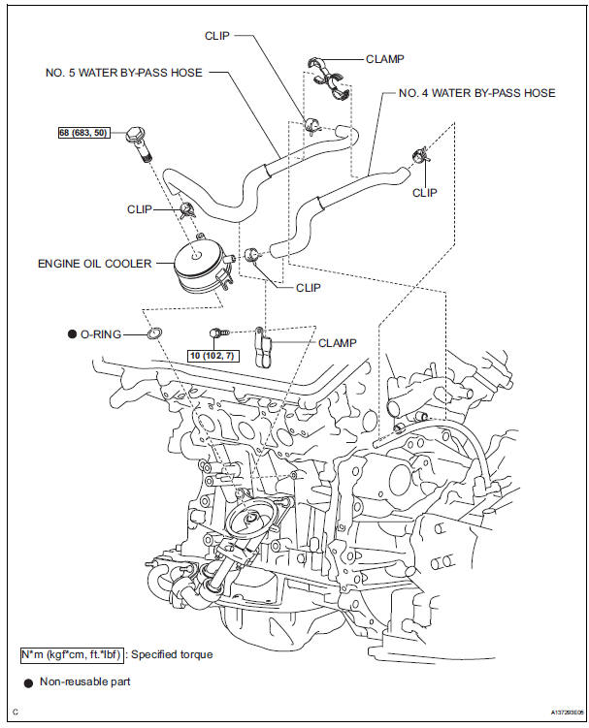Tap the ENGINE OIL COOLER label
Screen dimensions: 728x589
[94, 264]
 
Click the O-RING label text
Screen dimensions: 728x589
[102, 334]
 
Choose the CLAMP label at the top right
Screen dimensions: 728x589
[384, 58]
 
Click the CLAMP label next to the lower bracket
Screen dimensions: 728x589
[338, 342]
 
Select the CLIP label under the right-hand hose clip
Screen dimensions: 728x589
[424, 193]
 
